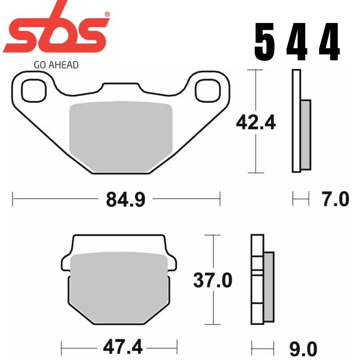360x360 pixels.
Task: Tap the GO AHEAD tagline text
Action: pos(56,65)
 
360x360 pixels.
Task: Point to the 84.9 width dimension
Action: pos(126,198)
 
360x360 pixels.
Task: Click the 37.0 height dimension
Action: pos(212,281)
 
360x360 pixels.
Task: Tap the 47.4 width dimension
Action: pos(123,347)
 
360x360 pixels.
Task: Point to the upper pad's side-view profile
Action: pos(301,121)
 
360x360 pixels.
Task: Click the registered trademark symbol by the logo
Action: pos(107,14)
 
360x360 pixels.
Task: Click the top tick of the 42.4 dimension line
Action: pos(256,70)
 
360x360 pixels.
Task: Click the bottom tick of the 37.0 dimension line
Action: pos(212,324)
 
